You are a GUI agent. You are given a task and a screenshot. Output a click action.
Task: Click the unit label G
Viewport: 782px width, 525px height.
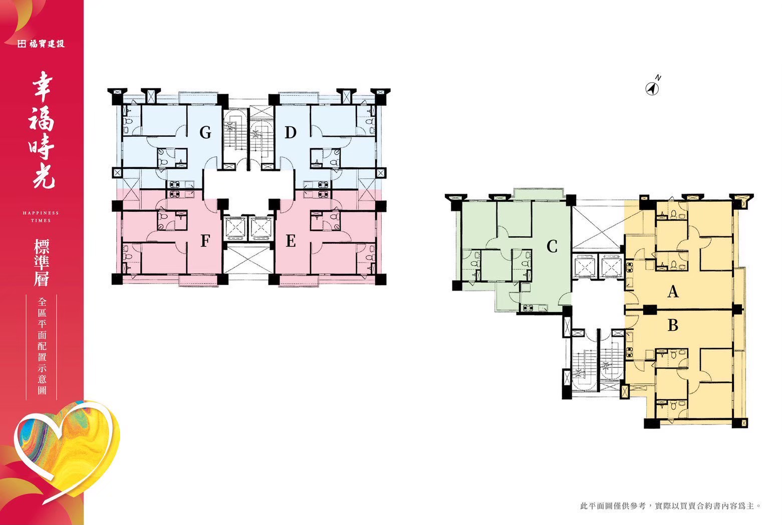tap(205, 132)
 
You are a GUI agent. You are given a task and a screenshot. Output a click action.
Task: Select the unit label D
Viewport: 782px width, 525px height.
tap(291, 132)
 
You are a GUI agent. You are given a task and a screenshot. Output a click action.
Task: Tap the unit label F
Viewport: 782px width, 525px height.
tap(205, 240)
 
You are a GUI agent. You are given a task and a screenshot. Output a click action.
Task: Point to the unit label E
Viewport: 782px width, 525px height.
tap(291, 240)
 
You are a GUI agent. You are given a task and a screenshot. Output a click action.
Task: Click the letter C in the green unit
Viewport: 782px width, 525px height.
tap(552, 247)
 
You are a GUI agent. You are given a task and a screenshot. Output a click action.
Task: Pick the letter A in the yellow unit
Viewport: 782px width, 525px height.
tap(673, 292)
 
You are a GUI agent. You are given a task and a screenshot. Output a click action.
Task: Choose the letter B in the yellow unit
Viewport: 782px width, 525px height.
tap(673, 325)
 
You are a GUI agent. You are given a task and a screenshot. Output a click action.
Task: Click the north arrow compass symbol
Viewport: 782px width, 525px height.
tap(653, 86)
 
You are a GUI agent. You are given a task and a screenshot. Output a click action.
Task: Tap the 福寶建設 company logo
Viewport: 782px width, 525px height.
tap(41, 44)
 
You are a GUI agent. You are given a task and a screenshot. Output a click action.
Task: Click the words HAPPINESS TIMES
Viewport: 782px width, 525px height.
tap(41, 216)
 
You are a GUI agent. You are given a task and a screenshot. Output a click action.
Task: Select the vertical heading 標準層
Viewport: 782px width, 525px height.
tap(41, 262)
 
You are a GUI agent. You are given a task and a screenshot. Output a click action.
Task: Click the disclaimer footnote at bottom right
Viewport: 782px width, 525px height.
tap(670, 505)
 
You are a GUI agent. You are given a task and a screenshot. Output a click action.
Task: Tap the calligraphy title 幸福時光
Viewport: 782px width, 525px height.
tap(42, 130)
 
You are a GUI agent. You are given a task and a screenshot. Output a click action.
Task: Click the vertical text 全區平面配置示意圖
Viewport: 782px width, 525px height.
tap(42, 346)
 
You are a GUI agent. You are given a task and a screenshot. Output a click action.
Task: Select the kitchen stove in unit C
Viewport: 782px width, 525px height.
tap(526, 308)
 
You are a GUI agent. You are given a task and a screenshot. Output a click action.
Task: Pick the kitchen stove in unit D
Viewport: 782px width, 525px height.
tap(323, 184)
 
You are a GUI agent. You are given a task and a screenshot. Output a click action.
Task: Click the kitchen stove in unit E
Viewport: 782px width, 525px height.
tap(323, 194)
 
